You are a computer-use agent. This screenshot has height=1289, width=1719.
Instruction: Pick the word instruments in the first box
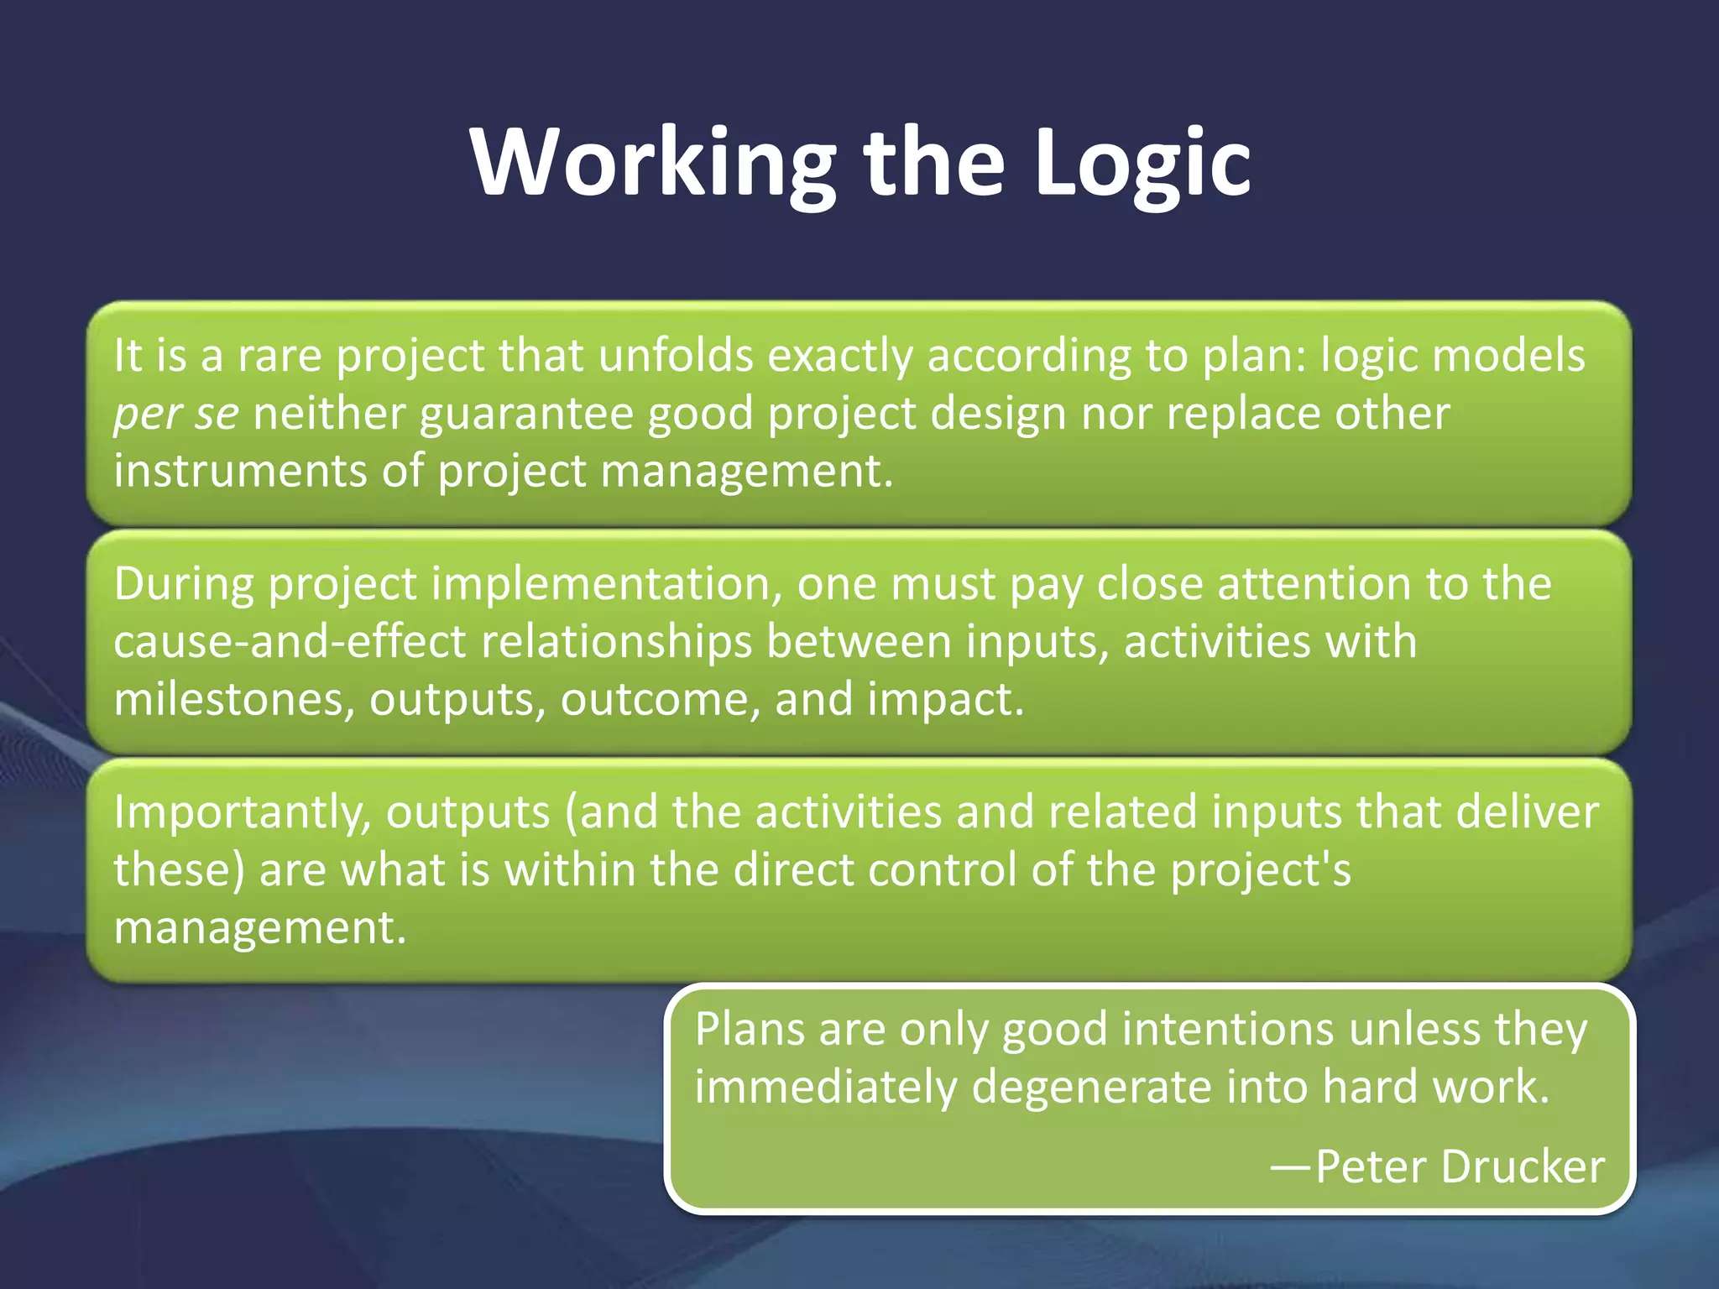(240, 471)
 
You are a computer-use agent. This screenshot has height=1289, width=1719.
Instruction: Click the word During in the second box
(183, 584)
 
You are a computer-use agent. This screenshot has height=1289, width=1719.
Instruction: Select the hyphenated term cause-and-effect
(290, 642)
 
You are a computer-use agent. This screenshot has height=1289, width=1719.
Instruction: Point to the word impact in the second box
(945, 700)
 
